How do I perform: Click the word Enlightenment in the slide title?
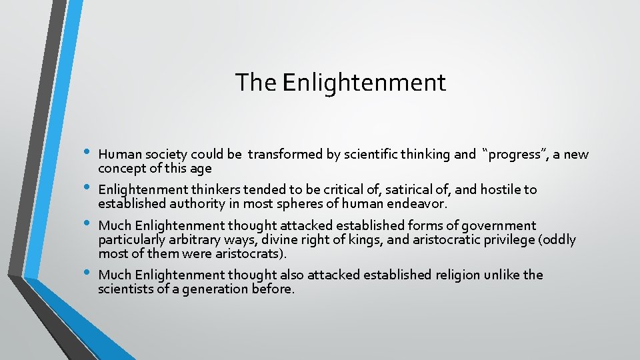coord(364,83)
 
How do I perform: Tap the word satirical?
coord(363,190)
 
